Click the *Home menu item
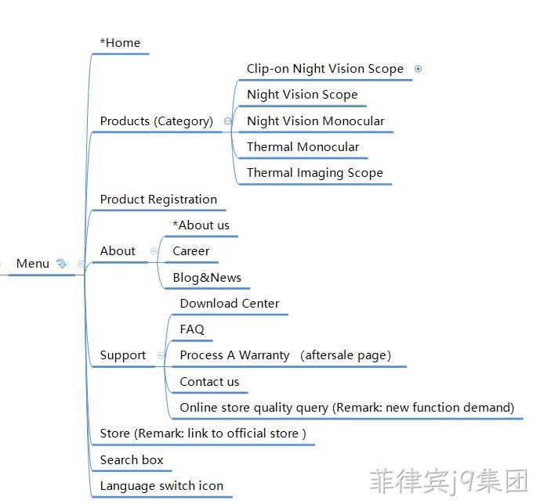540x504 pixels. click(120, 43)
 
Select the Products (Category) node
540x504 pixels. click(157, 121)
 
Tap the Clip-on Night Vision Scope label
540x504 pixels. click(325, 69)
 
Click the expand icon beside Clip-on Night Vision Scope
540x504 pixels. click(418, 69)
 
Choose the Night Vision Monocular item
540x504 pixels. click(316, 121)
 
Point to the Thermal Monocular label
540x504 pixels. click(303, 147)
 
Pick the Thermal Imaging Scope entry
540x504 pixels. click(315, 173)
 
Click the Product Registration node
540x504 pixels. click(158, 200)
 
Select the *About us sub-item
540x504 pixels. click(201, 225)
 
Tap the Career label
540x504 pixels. click(191, 251)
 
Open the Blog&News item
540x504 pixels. click(207, 278)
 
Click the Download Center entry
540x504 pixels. click(230, 304)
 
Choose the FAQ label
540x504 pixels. click(192, 329)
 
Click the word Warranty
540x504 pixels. click(264, 355)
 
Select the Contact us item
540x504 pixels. click(209, 382)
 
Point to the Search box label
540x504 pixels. click(132, 460)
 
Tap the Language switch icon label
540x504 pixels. click(161, 486)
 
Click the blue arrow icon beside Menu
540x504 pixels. click(61, 264)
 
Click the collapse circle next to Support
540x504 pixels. click(160, 355)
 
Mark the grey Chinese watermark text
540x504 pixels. click(448, 481)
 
